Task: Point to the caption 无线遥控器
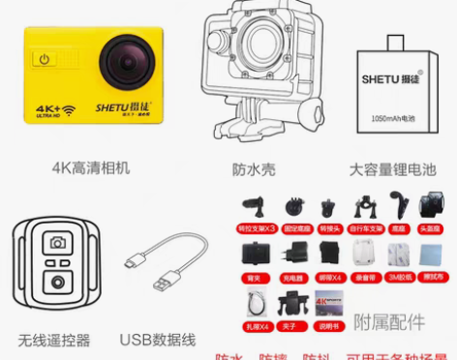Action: [x=53, y=340]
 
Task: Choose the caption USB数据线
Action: [x=158, y=340]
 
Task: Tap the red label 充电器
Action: [x=293, y=274]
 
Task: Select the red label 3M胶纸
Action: [x=399, y=274]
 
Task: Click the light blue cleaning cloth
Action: [x=431, y=254]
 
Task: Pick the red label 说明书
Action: [x=330, y=324]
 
